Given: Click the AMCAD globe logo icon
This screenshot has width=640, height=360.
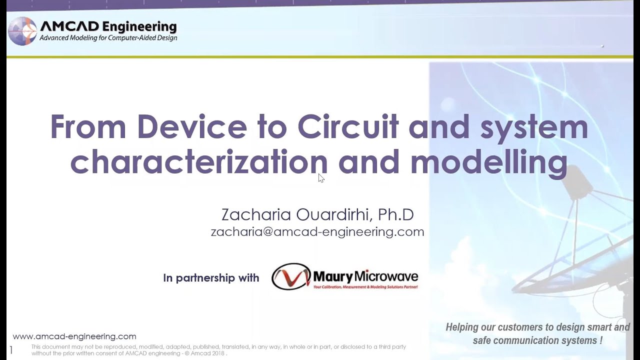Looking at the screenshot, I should click(22, 31).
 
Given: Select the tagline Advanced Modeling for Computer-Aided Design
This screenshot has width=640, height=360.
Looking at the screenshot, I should click(108, 38).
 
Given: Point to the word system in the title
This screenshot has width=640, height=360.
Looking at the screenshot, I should click(533, 128).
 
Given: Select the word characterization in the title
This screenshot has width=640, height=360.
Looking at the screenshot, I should click(198, 163).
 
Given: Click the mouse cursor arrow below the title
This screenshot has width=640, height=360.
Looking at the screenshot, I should click(321, 178).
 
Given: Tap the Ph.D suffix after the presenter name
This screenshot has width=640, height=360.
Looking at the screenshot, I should click(395, 214).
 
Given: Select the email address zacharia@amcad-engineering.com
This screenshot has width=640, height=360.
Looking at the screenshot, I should click(317, 231).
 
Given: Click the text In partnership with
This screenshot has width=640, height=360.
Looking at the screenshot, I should click(211, 278).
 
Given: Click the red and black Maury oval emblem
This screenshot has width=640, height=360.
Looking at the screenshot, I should click(291, 276).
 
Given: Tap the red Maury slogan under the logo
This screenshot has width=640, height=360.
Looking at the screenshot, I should click(365, 287).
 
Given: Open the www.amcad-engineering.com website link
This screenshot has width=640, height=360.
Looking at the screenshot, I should click(74, 336).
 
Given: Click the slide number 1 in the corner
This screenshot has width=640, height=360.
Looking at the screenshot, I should click(11, 350).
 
